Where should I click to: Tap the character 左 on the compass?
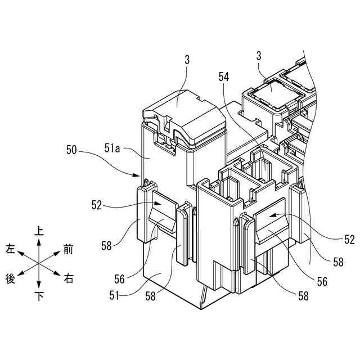tap(11, 249)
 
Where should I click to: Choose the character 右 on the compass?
tap(69, 278)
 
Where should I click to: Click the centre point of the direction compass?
tap(39, 263)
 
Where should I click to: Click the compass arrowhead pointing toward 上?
tap(39, 241)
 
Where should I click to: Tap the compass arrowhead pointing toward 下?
tap(39, 286)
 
